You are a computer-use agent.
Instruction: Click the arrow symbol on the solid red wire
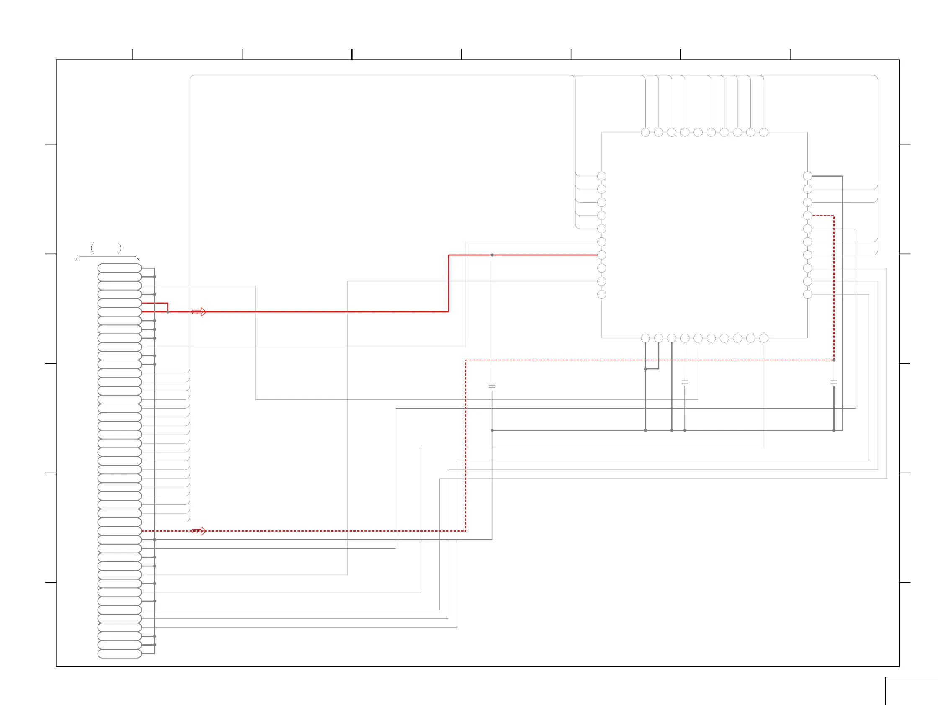[x=199, y=312]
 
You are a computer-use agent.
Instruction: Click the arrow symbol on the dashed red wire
[x=199, y=531]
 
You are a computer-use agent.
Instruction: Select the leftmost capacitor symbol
[x=492, y=387]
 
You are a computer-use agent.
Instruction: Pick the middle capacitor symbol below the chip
[x=685, y=382]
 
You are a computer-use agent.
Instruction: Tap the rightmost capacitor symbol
[x=834, y=382]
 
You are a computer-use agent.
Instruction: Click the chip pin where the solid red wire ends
[x=601, y=255]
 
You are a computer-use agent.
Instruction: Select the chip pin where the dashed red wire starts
[x=807, y=216]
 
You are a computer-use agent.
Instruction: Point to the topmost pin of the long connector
[x=120, y=268]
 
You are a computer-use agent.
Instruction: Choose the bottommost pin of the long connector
[x=120, y=654]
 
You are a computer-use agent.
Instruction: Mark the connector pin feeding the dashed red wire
[x=120, y=531]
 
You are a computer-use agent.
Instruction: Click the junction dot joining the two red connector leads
[x=168, y=312]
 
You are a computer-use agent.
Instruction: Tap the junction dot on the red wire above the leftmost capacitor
[x=492, y=255]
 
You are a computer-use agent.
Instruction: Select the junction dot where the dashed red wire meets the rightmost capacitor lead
[x=834, y=360]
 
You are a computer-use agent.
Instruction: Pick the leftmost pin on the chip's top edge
[x=645, y=132]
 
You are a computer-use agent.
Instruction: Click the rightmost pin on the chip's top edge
[x=764, y=132]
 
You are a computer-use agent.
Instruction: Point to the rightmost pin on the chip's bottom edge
[x=764, y=338]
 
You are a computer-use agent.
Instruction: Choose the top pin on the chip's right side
[x=807, y=176]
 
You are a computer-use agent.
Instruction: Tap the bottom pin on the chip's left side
[x=601, y=295]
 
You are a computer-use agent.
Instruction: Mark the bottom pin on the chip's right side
[x=807, y=295]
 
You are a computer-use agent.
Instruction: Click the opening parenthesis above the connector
[x=93, y=248]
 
